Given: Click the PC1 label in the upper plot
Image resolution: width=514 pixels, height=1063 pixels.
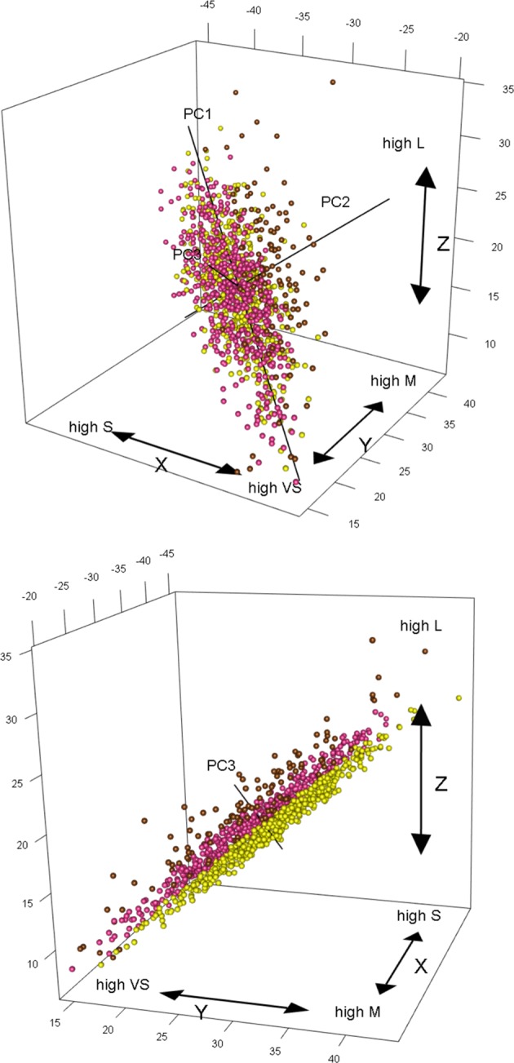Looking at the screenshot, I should [x=197, y=114].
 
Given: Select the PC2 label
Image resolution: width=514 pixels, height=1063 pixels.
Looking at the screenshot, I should [x=335, y=202].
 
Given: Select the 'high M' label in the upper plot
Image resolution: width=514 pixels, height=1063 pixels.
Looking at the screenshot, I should [x=391, y=380].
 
